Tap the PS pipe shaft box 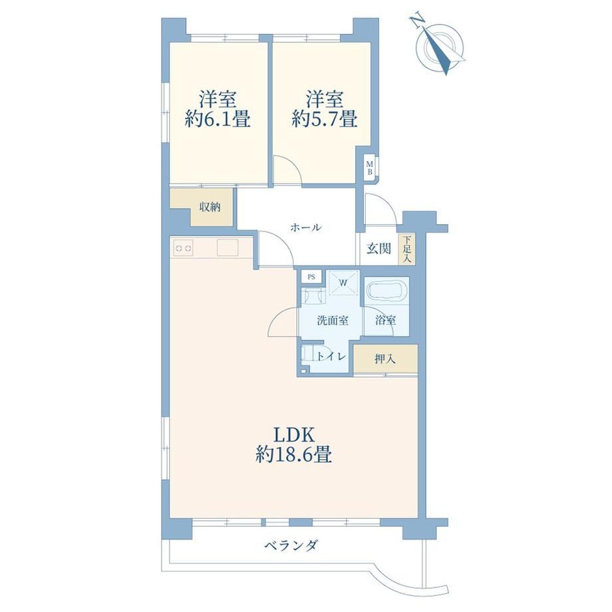[x=311, y=277]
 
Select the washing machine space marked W [x=343, y=283]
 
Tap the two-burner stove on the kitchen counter [x=184, y=248]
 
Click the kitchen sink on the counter [x=228, y=247]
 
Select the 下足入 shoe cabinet [x=407, y=249]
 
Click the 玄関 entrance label [x=379, y=248]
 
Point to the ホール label [x=305, y=227]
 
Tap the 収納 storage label [x=210, y=207]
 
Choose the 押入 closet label [x=385, y=359]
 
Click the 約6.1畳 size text [x=218, y=120]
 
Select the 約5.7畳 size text [x=325, y=120]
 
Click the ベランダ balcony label [x=291, y=545]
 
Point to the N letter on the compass [x=417, y=21]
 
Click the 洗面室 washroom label [x=333, y=321]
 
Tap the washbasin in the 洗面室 [x=314, y=295]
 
